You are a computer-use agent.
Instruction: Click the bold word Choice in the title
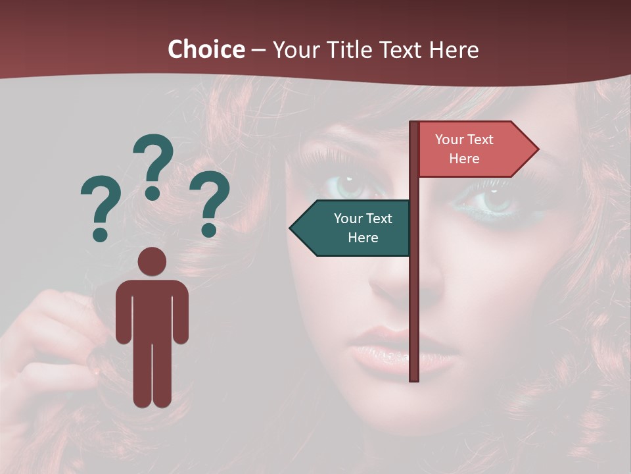pyautogui.click(x=206, y=50)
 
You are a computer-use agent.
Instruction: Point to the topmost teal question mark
pyautogui.click(x=153, y=165)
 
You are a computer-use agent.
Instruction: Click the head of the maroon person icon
pyautogui.click(x=152, y=261)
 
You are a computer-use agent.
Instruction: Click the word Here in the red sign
pyautogui.click(x=464, y=159)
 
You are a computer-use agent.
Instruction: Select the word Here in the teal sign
pyautogui.click(x=363, y=238)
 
